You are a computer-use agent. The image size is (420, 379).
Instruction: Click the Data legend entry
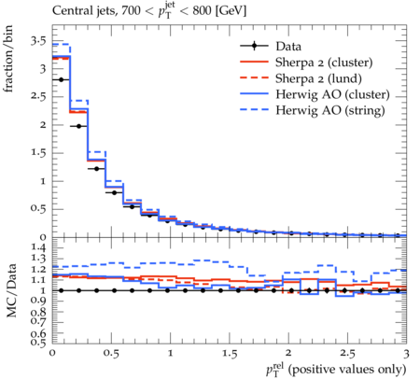tap(288, 47)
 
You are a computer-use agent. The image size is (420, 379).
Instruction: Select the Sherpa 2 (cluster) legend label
tap(324, 63)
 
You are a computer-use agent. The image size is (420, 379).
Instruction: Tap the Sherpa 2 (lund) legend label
tap(318, 78)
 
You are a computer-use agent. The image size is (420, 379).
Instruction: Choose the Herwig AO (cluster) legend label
tap(332, 94)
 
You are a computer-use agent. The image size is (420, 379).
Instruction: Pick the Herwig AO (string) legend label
tap(330, 110)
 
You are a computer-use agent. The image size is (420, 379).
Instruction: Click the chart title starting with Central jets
tap(149, 10)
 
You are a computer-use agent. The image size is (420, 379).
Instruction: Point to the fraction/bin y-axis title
tap(8, 59)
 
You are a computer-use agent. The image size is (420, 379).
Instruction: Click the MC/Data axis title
tap(11, 290)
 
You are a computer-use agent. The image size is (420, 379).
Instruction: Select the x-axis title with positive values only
tap(336, 369)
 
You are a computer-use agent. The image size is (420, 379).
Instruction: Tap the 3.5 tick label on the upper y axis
tap(38, 41)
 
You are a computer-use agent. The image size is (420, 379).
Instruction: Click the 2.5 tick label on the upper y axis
tap(38, 97)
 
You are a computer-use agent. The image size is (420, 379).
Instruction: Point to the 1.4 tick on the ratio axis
tap(38, 248)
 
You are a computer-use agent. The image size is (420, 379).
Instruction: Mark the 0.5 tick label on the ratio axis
tap(38, 343)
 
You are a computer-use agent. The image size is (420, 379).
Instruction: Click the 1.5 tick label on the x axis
tap(230, 354)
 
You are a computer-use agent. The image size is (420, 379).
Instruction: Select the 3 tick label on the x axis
tap(406, 354)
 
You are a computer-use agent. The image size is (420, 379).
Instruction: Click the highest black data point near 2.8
tap(62, 80)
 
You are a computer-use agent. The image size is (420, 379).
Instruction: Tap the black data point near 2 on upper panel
tap(78, 126)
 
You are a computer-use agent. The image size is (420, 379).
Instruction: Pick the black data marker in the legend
tap(254, 46)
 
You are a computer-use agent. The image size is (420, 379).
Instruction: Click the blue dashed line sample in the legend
tap(254, 110)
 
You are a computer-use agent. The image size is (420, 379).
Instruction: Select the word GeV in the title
tap(231, 10)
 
